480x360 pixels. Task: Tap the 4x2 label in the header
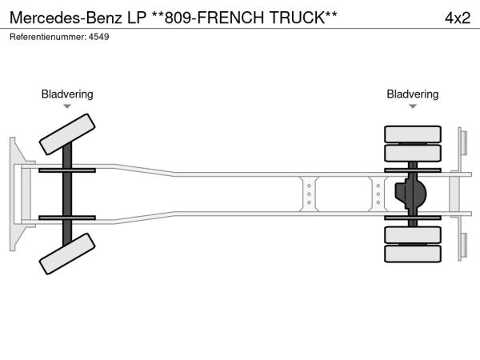[457, 18]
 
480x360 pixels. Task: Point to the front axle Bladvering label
[67, 94]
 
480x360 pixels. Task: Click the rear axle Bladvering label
[413, 94]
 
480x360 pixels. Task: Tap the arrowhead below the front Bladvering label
[67, 106]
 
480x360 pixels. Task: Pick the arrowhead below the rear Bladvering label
[413, 106]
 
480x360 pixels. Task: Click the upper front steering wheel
[67, 133]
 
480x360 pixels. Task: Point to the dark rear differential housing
[411, 194]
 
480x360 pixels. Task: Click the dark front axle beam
[67, 194]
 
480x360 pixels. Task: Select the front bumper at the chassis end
[17, 194]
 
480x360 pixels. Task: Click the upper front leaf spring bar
[67, 170]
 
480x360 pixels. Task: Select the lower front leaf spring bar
[67, 218]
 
